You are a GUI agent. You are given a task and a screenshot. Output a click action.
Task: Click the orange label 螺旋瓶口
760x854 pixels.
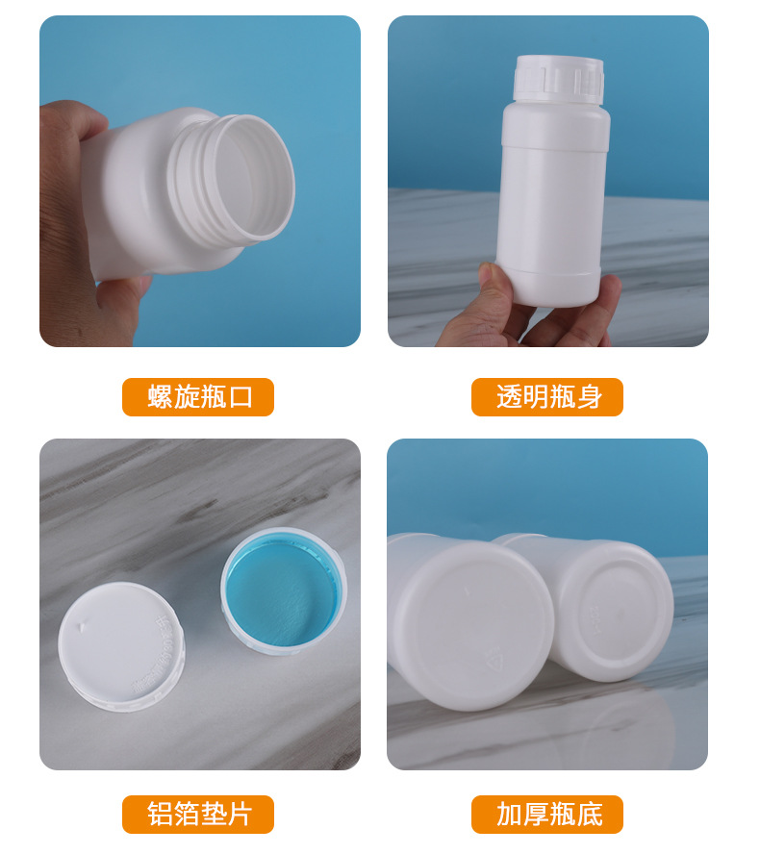(x=198, y=397)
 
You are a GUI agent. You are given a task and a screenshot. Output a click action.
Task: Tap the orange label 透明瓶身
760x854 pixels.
(x=546, y=397)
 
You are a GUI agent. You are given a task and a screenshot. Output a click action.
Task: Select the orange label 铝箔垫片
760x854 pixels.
(x=198, y=815)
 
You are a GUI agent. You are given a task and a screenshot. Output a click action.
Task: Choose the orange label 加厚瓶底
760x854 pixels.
(x=546, y=815)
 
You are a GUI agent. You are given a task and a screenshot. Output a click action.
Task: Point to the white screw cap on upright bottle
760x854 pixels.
(x=559, y=80)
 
